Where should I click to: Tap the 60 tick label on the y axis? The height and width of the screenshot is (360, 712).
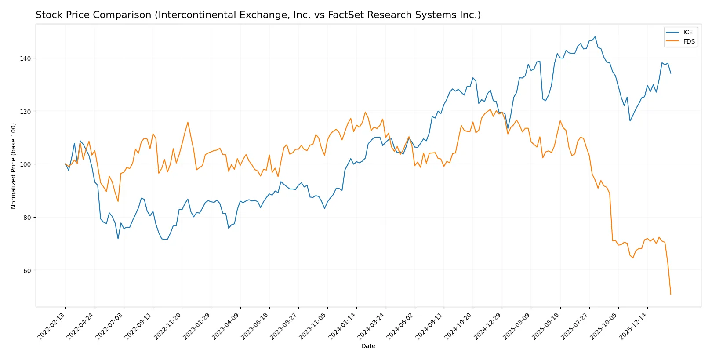point(28,270)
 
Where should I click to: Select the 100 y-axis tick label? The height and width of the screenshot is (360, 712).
point(26,164)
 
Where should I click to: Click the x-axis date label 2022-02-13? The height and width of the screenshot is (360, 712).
point(52,326)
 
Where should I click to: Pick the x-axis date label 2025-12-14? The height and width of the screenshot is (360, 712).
point(633,326)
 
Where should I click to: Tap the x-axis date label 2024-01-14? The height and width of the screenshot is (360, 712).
point(342,326)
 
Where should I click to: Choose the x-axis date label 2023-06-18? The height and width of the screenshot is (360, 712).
point(255,326)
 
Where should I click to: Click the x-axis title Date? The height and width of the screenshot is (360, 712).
point(368,346)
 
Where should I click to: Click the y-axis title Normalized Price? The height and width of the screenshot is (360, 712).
point(14,166)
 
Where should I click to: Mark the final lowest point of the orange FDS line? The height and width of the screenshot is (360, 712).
point(671,294)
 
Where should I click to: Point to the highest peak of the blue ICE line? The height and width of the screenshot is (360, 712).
point(595,37)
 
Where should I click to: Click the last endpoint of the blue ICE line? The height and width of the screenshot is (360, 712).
point(671,73)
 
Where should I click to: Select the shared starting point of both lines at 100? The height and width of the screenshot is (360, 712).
point(66,164)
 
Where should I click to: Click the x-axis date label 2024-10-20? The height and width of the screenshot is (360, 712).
point(459,326)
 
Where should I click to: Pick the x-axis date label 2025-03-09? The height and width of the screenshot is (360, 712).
point(517,326)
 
